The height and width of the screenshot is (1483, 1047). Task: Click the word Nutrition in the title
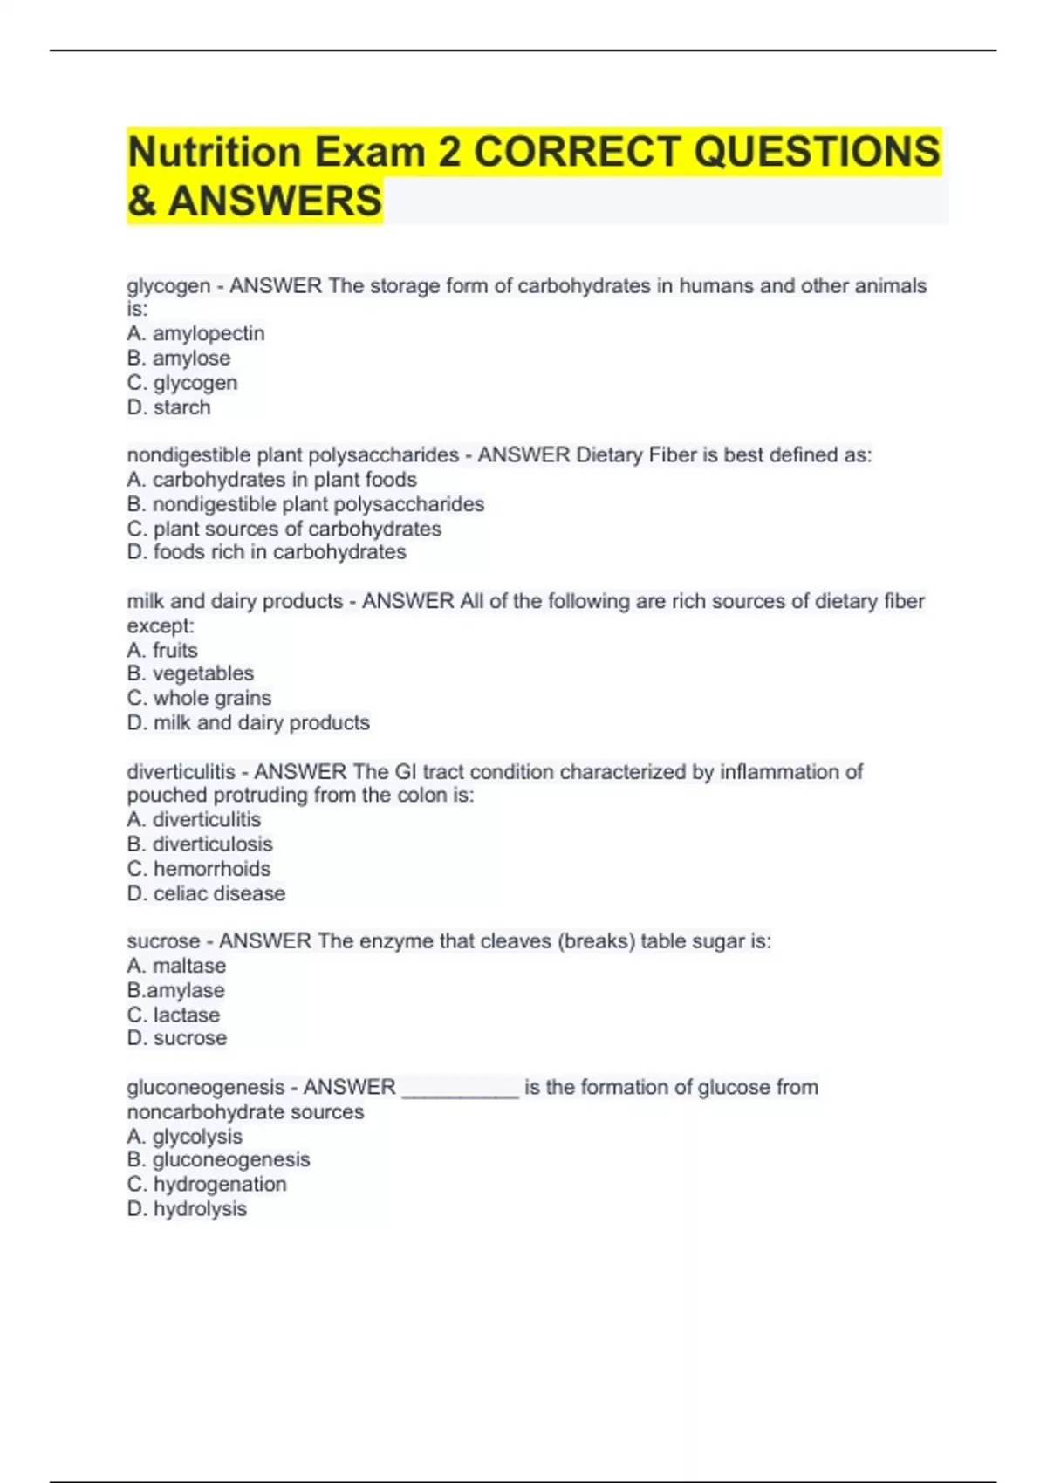coord(215,153)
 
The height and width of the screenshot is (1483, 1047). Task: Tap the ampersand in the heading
coord(141,202)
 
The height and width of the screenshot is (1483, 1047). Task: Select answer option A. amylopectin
coord(195,333)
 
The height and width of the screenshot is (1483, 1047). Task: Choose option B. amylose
coord(179,358)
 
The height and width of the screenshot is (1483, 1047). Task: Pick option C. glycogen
coord(182,383)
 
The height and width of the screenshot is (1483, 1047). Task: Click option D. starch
coord(169,407)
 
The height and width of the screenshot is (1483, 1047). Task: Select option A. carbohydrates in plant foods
coord(271,480)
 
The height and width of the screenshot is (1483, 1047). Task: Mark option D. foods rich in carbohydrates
coord(266,552)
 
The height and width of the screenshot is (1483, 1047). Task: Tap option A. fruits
coord(162,650)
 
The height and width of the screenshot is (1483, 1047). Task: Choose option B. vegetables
coord(190,673)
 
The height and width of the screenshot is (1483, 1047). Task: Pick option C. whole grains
coord(199,698)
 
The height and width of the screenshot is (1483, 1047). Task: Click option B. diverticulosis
coord(200,844)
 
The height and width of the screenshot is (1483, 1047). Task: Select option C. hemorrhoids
coord(199,869)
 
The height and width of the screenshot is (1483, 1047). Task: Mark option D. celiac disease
coord(206,893)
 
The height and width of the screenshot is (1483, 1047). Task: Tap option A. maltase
coord(176,966)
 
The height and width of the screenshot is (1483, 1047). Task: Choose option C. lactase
coord(174,1015)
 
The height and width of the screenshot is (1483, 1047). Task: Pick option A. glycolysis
coord(184,1137)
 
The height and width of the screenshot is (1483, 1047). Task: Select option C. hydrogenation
coord(207,1185)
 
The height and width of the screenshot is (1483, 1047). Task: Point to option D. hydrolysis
coord(187,1209)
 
